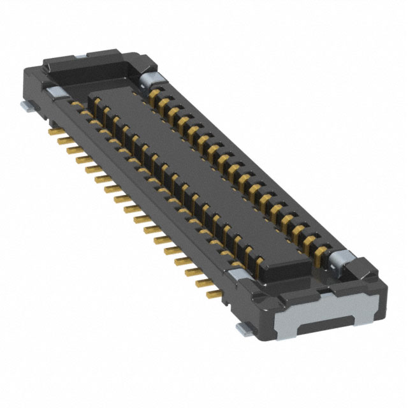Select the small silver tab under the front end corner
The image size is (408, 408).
tap(242, 328)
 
